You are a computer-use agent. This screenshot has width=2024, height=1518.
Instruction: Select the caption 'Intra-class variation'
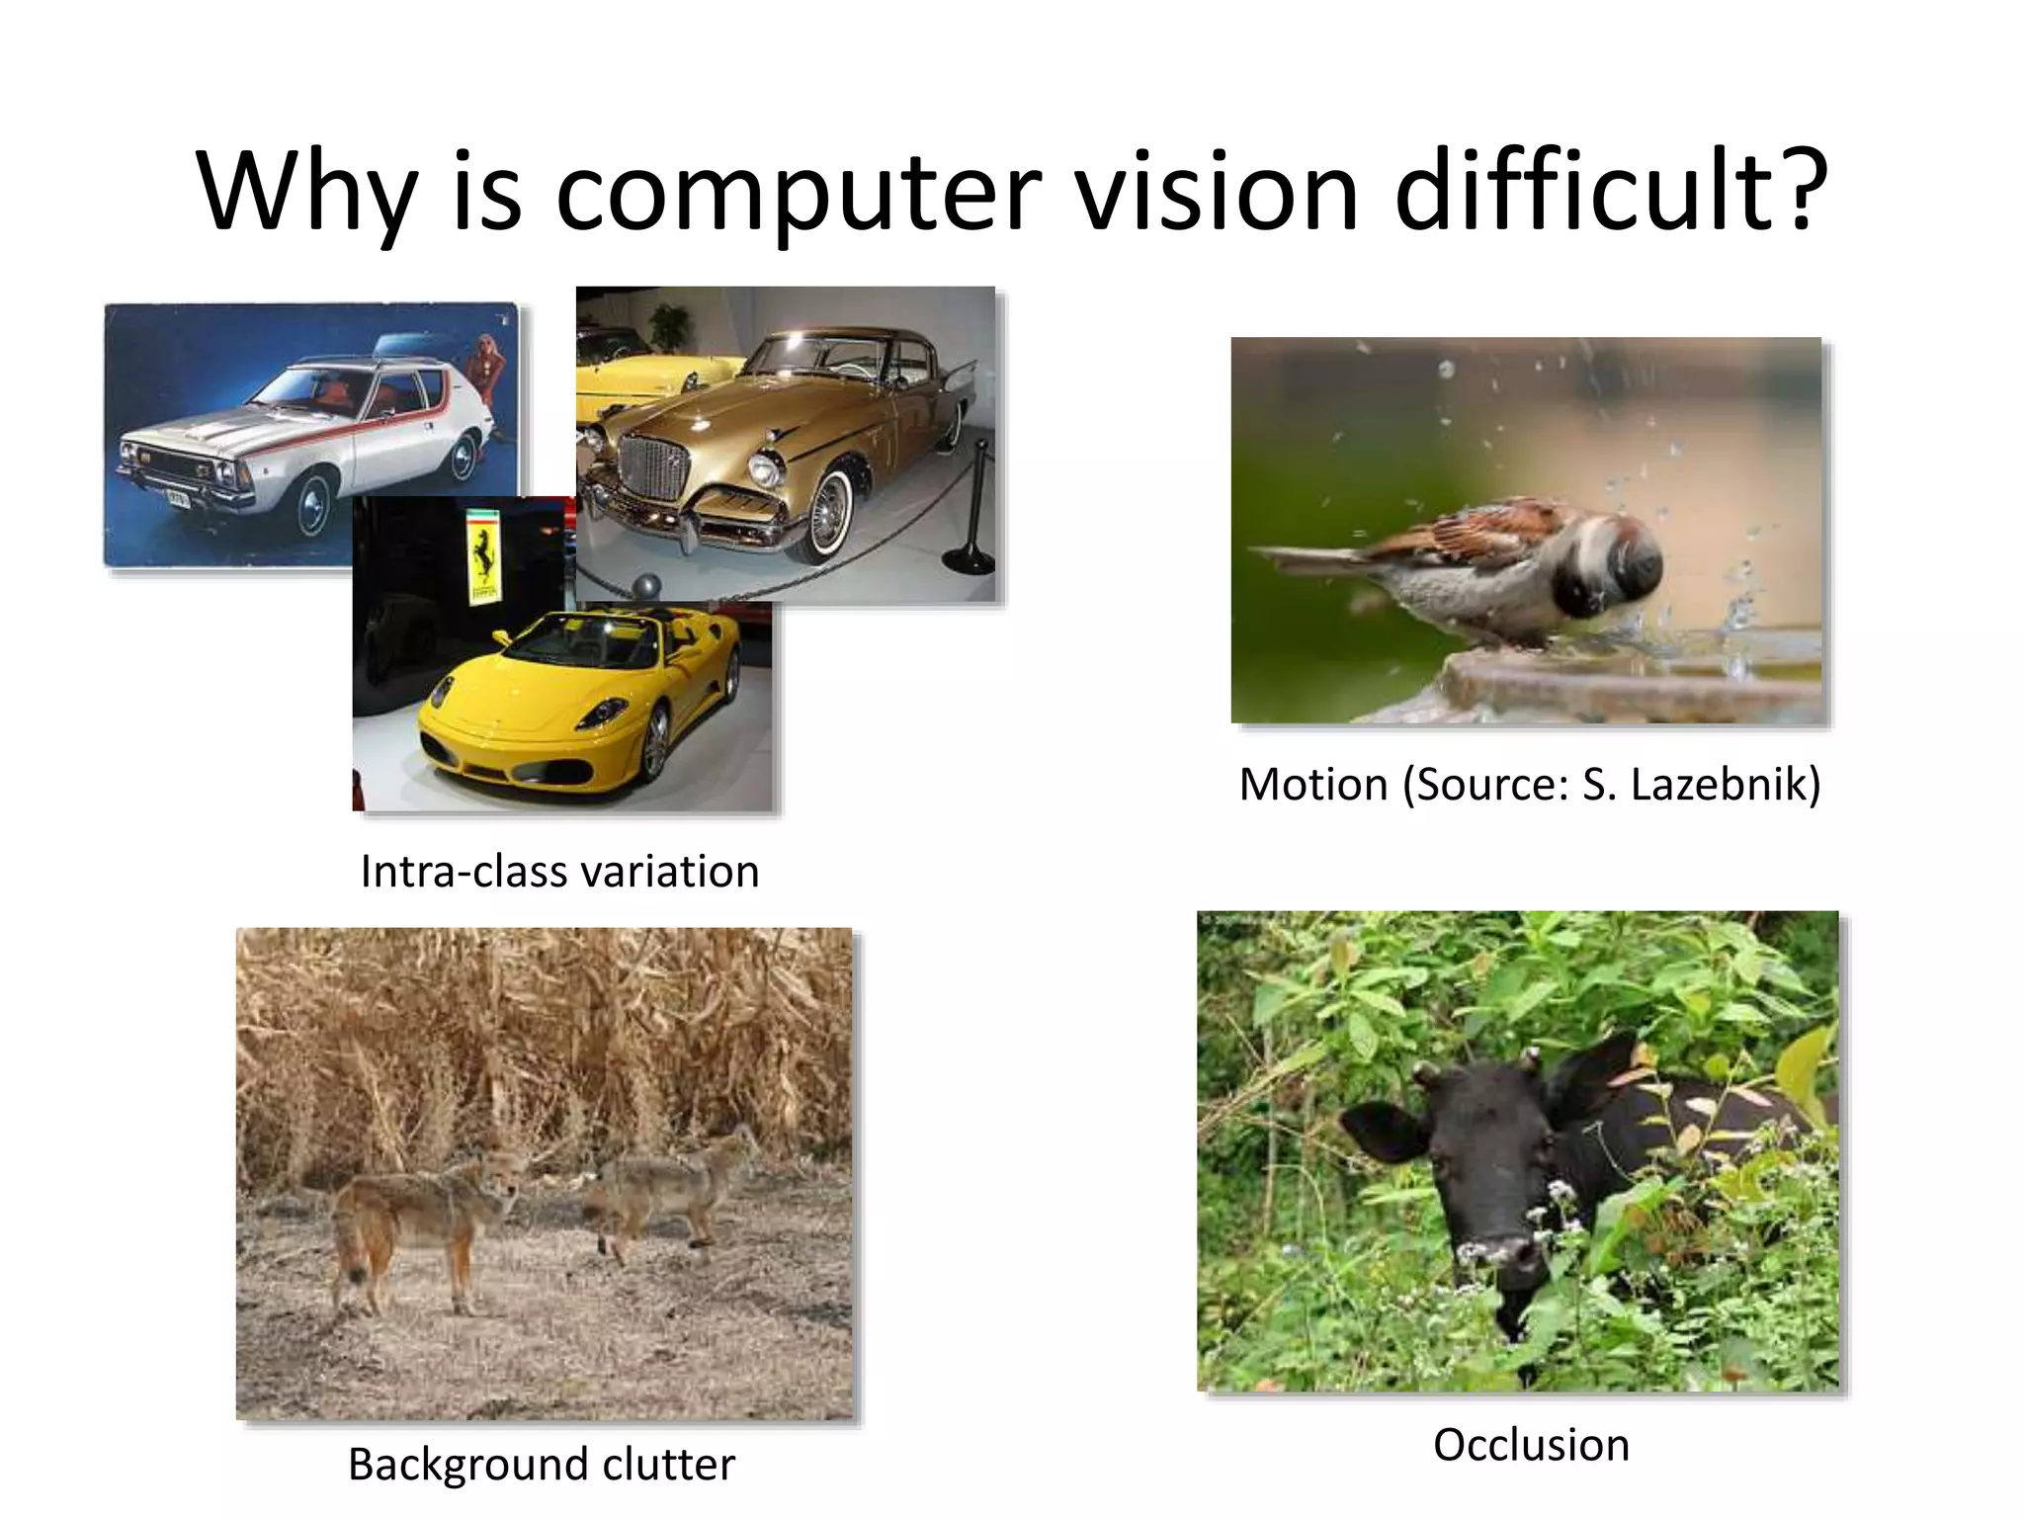(559, 872)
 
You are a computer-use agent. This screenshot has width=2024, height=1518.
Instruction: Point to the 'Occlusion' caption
(1531, 1445)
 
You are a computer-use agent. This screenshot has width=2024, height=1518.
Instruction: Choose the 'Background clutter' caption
(542, 1464)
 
